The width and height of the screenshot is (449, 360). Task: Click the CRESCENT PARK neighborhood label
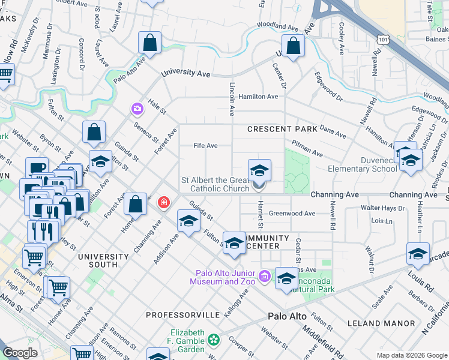pos(282,129)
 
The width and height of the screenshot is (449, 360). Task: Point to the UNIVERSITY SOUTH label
pos(97,260)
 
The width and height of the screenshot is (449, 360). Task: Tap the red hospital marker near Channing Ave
pos(163,203)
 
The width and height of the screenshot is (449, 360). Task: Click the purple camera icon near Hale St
pos(137,109)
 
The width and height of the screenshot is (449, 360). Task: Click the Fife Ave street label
pos(205,146)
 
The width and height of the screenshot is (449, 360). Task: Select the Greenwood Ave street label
pos(292,213)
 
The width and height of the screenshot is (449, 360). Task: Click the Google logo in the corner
pos(20,353)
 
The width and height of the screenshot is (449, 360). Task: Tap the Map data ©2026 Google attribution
pos(412,355)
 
